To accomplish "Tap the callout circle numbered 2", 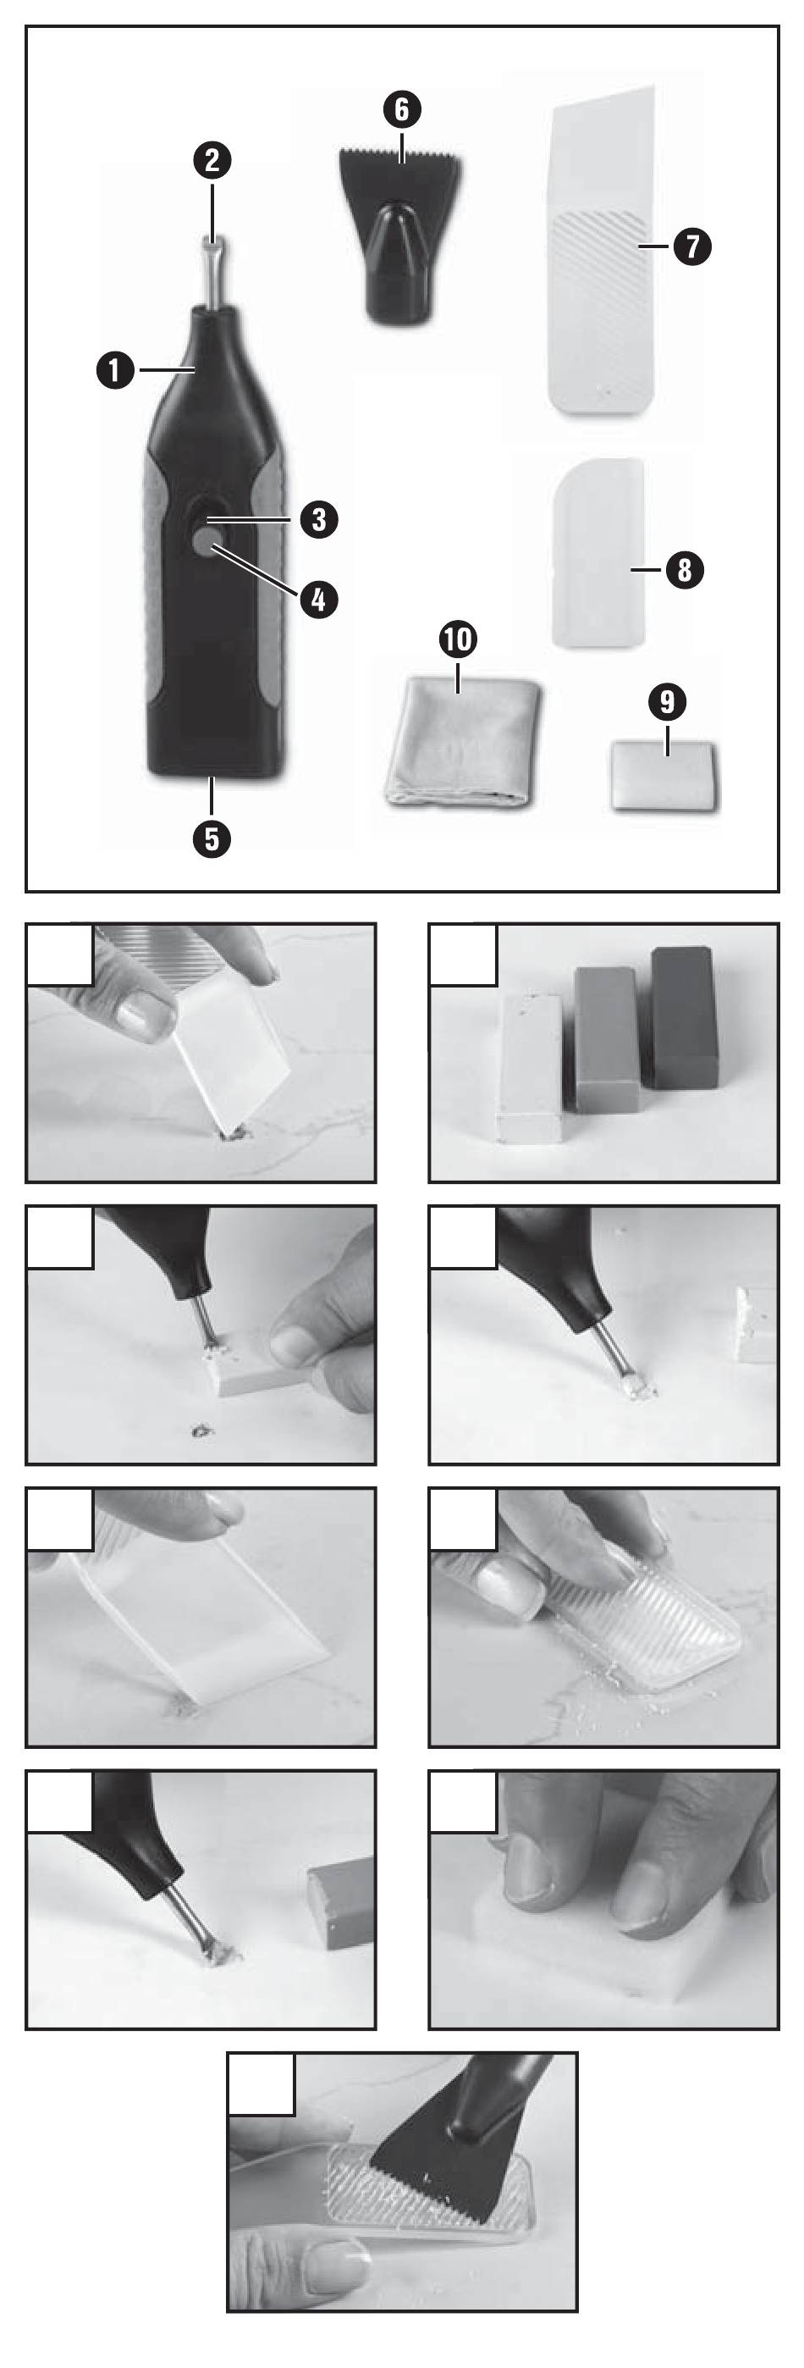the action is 212,161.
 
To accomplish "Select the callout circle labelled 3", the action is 319,519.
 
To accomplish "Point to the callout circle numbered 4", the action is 319,600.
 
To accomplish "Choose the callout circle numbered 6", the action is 401,109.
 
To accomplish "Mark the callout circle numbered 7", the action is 691,246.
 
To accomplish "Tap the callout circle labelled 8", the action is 685,570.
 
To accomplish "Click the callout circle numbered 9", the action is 667,702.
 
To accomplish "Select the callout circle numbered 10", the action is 458,639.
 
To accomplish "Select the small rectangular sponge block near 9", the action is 664,776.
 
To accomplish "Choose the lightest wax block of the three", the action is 530,1067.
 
